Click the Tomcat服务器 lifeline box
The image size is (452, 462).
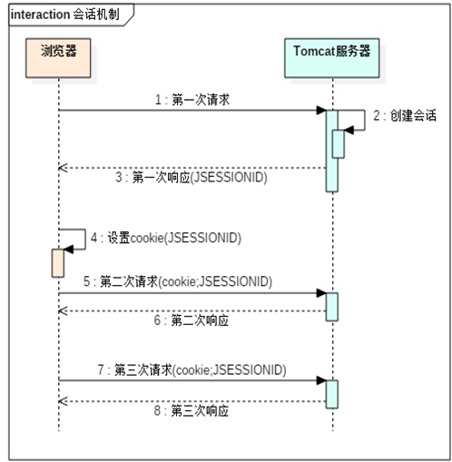pyautogui.click(x=332, y=51)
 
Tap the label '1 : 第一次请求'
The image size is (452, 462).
pyautogui.click(x=192, y=100)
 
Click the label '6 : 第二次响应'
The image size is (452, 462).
pyautogui.click(x=191, y=321)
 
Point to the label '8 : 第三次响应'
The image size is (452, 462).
pyautogui.click(x=191, y=410)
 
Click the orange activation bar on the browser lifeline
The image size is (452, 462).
pyautogui.click(x=57, y=261)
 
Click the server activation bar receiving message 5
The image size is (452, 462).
pyautogui.click(x=332, y=306)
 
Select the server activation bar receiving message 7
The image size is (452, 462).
pyautogui.click(x=332, y=393)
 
